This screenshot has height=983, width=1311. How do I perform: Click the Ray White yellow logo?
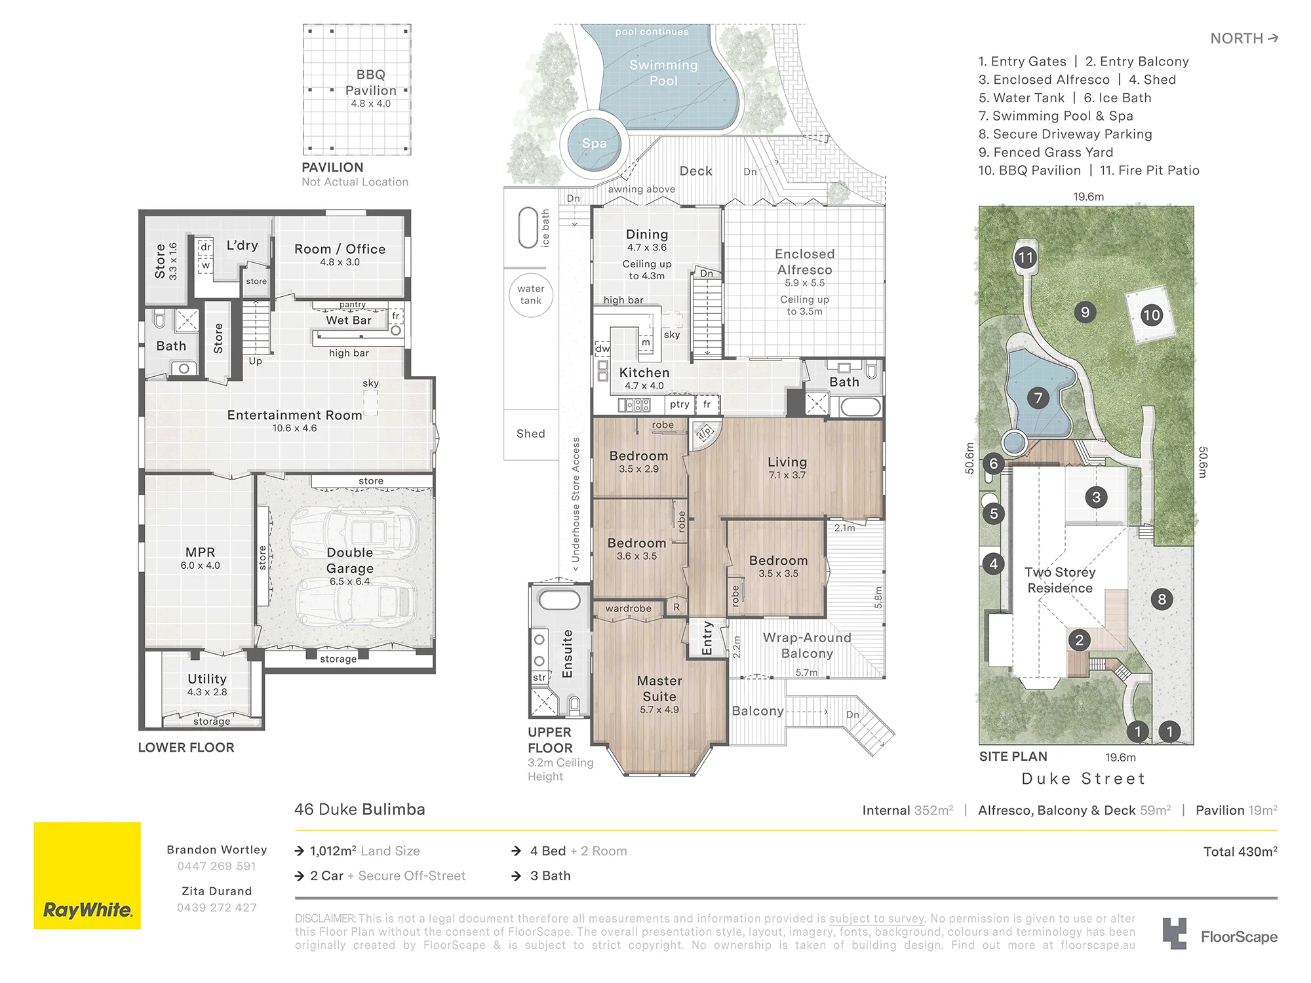(x=87, y=876)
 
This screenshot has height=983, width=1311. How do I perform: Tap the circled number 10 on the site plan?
(x=1151, y=315)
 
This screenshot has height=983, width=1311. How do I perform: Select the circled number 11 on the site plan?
(x=1026, y=258)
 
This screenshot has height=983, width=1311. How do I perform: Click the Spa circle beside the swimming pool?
(x=594, y=144)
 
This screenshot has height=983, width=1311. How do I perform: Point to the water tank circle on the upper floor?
(x=531, y=295)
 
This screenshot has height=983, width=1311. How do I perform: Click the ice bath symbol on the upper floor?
(x=528, y=228)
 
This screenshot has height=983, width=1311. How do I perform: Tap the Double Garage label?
(x=350, y=560)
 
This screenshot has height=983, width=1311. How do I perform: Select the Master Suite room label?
(x=659, y=689)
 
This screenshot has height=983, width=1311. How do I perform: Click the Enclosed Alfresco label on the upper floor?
(x=805, y=261)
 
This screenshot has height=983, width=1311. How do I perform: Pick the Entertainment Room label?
(x=295, y=415)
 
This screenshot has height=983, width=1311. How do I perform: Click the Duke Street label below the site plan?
(x=1083, y=779)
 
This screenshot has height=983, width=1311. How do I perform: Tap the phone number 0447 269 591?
(x=217, y=866)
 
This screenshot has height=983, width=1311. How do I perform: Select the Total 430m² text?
(x=1240, y=851)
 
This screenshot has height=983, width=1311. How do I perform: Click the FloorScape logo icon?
(x=1175, y=934)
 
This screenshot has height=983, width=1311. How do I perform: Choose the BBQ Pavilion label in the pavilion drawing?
(x=371, y=83)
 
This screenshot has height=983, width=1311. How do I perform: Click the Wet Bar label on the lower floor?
(x=349, y=320)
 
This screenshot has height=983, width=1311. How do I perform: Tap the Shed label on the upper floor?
(x=531, y=433)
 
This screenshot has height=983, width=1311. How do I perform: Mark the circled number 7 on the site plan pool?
(x=1038, y=397)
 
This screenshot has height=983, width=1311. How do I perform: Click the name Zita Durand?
(x=217, y=891)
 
